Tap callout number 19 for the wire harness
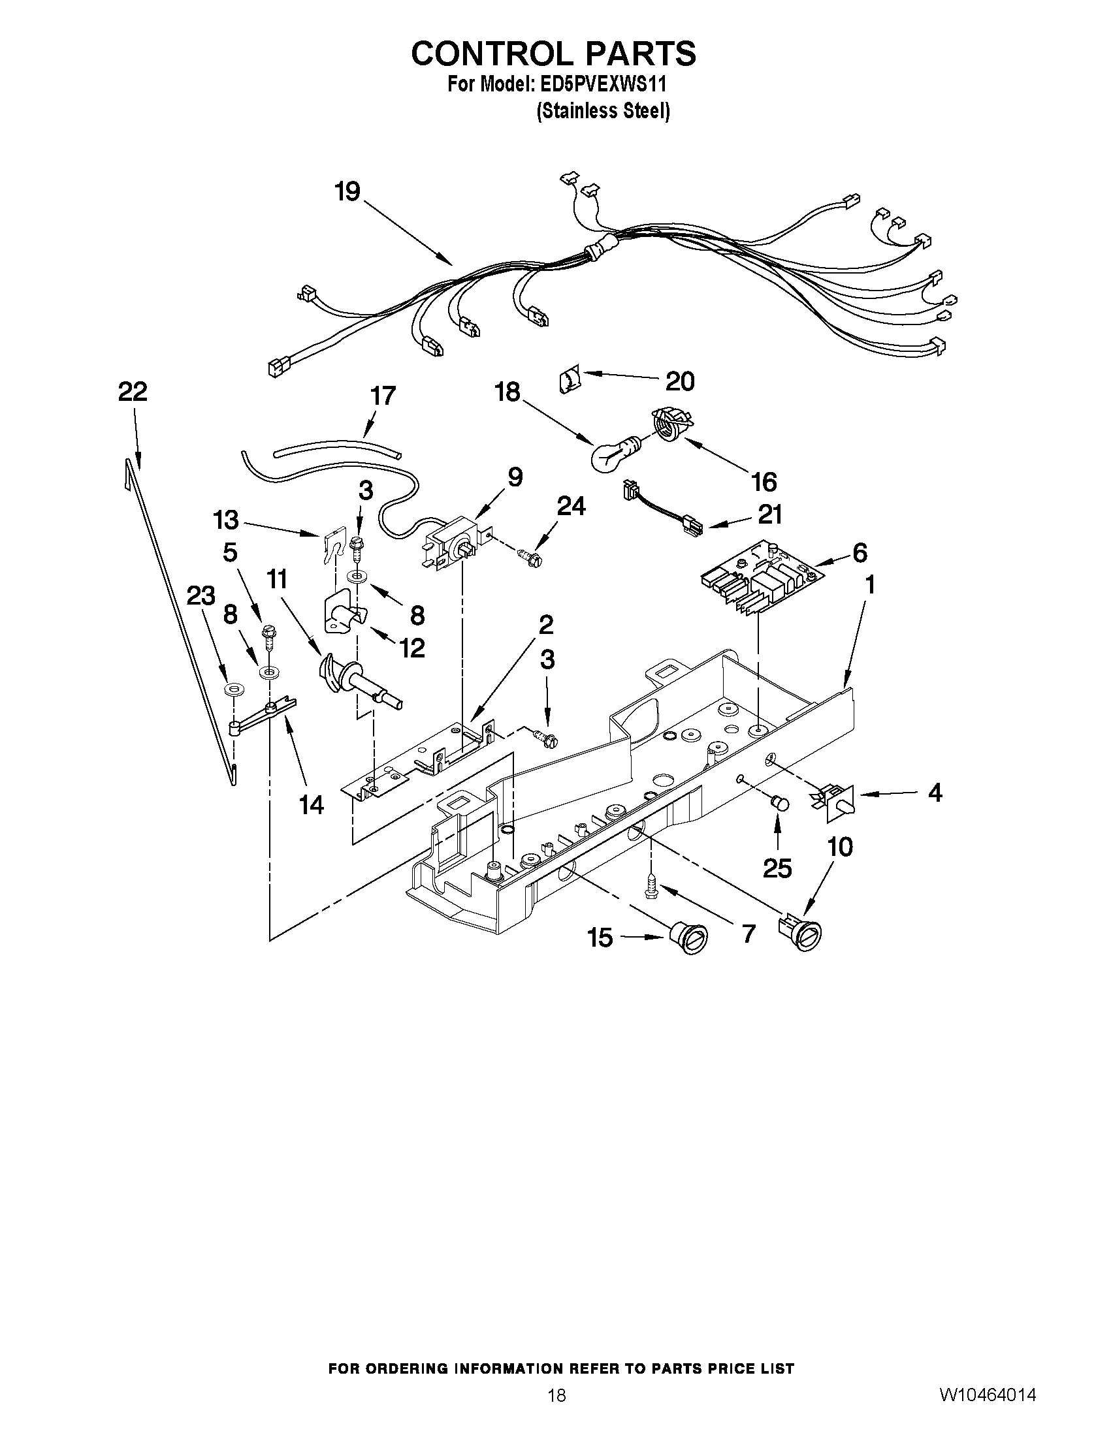pyautogui.click(x=347, y=192)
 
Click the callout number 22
pyautogui.click(x=133, y=392)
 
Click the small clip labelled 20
pyautogui.click(x=570, y=381)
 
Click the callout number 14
pyautogui.click(x=312, y=804)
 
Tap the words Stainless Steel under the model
pyautogui.click(x=603, y=111)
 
